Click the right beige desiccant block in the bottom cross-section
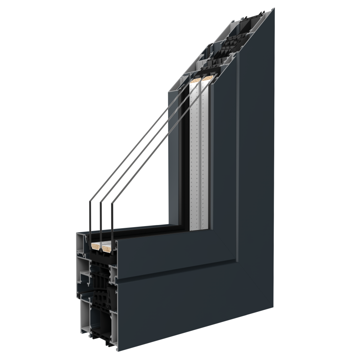(107, 248)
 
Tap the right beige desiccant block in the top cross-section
(207, 78)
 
